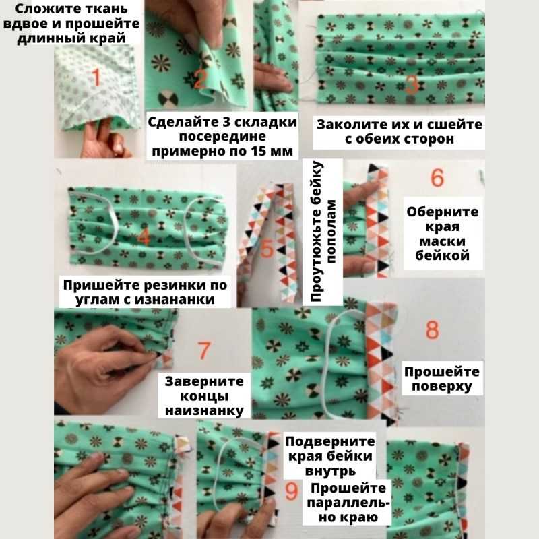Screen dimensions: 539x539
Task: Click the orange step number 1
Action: tap(96, 77)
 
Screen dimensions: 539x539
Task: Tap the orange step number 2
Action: tap(199, 79)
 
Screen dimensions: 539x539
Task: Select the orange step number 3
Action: tap(412, 85)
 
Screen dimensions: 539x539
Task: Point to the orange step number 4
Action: tap(144, 236)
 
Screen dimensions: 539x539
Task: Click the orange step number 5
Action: tap(266, 248)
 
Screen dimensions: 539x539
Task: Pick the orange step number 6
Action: tap(437, 177)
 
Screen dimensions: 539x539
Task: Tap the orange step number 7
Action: tap(204, 350)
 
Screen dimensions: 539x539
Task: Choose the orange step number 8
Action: tap(432, 329)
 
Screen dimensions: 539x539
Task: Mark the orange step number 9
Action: tap(291, 491)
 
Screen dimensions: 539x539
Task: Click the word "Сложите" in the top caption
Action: tap(36, 9)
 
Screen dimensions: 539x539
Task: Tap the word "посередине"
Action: tap(222, 137)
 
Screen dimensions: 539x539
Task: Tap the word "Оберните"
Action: tap(442, 212)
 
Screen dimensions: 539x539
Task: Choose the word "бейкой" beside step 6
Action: tap(442, 255)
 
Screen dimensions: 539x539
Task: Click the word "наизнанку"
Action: tap(204, 411)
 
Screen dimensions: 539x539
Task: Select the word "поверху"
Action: tap(442, 386)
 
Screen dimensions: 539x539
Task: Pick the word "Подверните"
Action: tap(329, 441)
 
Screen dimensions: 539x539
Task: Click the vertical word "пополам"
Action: tap(330, 232)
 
